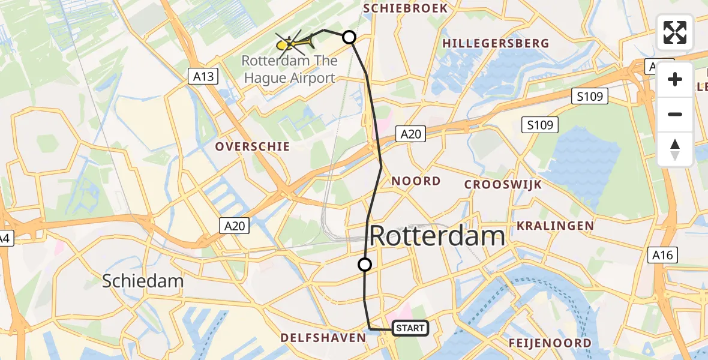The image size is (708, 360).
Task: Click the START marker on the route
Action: click(410, 328)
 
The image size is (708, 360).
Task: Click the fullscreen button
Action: click(675, 32)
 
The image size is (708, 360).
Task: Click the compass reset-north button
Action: click(675, 149)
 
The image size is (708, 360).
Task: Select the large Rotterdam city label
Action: click(437, 236)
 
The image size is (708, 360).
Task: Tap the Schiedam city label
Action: click(143, 281)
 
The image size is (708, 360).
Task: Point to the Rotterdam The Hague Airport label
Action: click(289, 70)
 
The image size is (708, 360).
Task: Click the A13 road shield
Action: click(202, 76)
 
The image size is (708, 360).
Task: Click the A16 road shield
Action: click(663, 255)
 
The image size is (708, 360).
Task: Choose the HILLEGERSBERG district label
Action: click(496, 43)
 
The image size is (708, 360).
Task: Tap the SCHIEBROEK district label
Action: click(406, 8)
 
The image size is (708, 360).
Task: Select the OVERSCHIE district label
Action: click(253, 146)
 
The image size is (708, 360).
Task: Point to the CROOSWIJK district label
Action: click(503, 184)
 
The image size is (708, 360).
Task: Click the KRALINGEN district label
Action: click(555, 226)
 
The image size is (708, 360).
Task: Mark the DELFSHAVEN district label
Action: click(323, 338)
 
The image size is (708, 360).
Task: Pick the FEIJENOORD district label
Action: click(550, 343)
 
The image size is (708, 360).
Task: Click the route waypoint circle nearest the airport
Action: click(349, 37)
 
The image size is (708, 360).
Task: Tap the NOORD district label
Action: click(416, 181)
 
